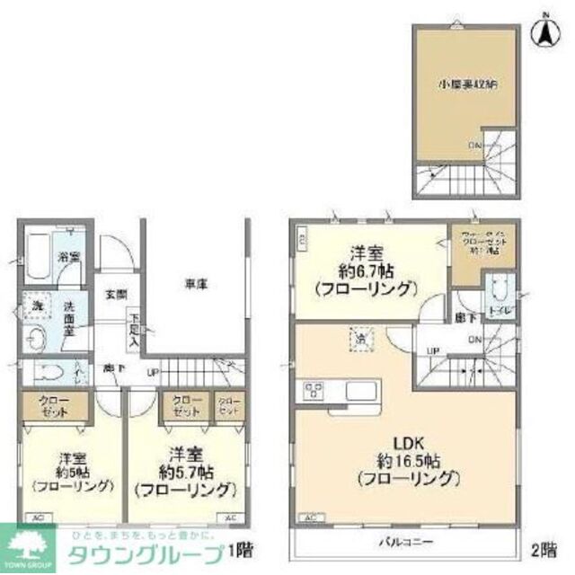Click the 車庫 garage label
(x=197, y=283)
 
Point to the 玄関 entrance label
(x=113, y=294)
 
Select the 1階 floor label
(x=239, y=549)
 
